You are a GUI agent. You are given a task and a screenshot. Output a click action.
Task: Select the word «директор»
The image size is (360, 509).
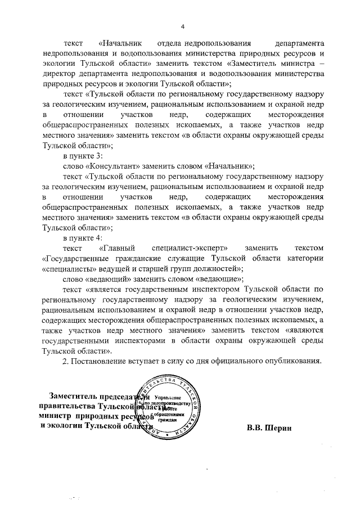pyautogui.click(x=63, y=73)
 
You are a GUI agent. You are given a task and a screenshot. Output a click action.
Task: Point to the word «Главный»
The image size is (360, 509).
pyautogui.click(x=120, y=248)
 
